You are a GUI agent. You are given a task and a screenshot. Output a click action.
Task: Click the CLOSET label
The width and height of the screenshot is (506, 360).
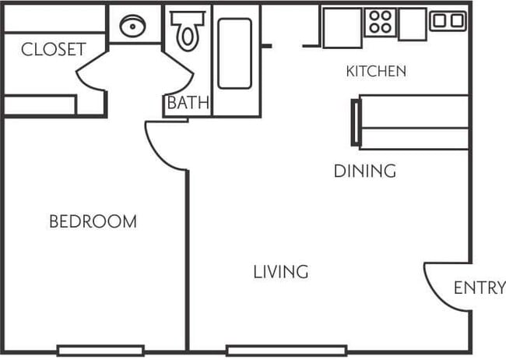coord(53,50)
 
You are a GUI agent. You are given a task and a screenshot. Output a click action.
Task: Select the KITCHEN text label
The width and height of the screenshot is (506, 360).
coord(376,72)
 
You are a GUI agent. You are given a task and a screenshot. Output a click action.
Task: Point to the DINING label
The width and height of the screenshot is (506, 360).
coord(364,171)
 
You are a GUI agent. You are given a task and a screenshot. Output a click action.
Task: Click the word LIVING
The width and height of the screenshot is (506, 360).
coord(281,272)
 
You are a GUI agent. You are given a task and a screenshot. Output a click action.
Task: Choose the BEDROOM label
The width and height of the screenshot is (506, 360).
coord(93,221)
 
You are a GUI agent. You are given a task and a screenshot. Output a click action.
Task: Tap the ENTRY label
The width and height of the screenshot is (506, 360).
coord(479,288)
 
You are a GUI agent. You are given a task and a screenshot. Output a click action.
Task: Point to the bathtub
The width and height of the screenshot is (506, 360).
coord(234,53)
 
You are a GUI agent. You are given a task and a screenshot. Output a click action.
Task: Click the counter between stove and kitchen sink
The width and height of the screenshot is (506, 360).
coord(412,23)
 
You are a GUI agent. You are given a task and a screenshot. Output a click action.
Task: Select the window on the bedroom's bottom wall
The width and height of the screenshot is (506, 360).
coord(100,350)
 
